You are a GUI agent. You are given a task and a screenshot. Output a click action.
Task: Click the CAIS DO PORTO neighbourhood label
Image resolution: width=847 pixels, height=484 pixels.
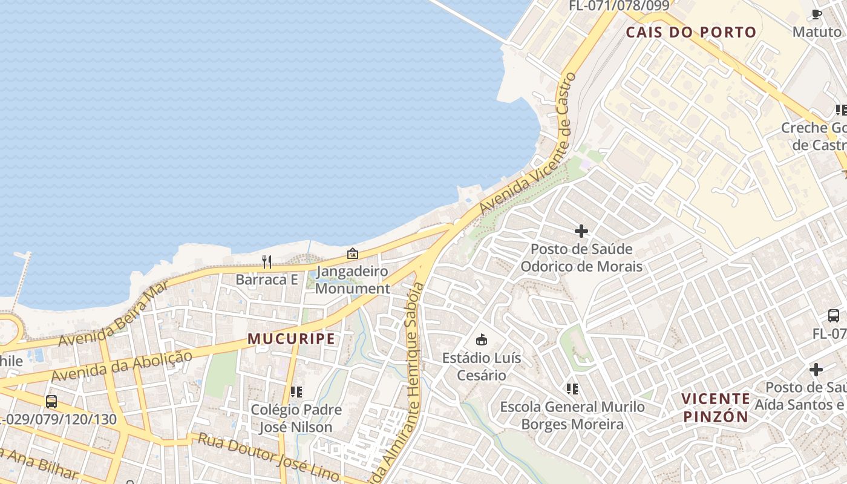[x=691, y=32]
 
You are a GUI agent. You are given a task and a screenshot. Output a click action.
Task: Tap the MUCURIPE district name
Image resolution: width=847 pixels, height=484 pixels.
[x=292, y=339]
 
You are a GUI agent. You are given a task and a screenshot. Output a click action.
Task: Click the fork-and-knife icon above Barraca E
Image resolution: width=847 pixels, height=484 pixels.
[x=266, y=262]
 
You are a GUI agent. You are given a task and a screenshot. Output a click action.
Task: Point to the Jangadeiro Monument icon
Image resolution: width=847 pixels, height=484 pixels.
[x=352, y=253]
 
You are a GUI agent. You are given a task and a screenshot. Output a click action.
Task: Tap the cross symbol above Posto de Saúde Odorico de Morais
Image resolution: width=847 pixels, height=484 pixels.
[x=581, y=231]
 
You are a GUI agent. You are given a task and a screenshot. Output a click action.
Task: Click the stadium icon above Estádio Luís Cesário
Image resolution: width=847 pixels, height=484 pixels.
[x=482, y=339]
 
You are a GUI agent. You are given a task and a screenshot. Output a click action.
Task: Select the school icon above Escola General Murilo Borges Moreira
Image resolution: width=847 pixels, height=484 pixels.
[x=572, y=388]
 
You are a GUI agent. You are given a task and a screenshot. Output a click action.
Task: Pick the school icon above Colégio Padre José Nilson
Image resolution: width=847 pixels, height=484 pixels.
[x=296, y=392]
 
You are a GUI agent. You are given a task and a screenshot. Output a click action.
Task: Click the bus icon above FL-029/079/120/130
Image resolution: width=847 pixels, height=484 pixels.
[x=51, y=401]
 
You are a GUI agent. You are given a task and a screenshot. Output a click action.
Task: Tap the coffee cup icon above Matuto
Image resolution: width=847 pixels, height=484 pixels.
[x=816, y=14]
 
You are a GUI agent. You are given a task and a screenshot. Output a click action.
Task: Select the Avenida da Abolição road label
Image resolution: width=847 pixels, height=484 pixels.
[x=122, y=366]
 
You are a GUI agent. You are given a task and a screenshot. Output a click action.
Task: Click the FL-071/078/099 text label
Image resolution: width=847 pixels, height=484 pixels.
[x=619, y=6]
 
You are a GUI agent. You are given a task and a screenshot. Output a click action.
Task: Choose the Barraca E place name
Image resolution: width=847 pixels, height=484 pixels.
[x=267, y=280]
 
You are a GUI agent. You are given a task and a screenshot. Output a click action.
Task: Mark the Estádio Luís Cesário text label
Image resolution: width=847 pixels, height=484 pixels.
[x=482, y=367]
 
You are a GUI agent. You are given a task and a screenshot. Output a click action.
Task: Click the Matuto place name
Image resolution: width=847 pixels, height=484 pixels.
[x=817, y=31]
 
